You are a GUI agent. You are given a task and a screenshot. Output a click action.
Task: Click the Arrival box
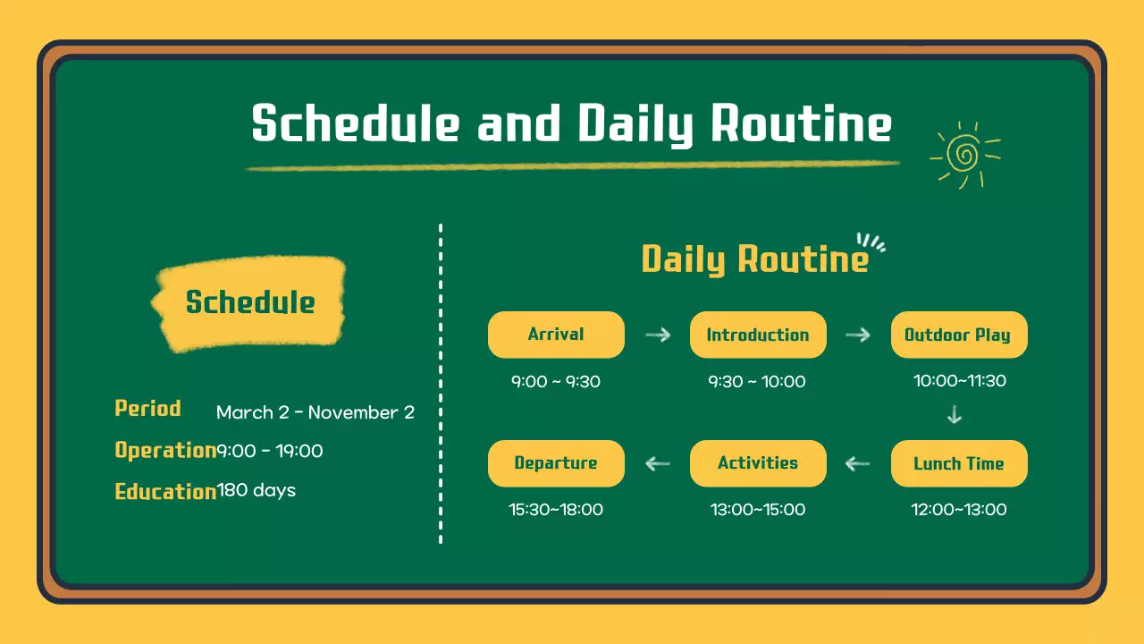556,335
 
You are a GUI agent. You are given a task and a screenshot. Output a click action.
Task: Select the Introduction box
758,335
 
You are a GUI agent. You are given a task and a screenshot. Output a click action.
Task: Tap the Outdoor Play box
959,335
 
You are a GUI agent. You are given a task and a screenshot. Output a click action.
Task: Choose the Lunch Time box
959,463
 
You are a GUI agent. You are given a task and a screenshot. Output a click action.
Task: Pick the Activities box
758,463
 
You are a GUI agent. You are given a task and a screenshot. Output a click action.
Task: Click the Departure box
556,463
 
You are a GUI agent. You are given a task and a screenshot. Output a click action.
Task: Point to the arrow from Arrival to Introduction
658,335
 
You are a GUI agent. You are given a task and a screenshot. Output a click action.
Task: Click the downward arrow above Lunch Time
955,414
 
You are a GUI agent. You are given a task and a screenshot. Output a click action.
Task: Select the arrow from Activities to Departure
657,463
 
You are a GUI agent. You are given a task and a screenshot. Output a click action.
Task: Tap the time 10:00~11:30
960,381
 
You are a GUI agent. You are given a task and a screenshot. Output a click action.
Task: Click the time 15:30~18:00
556,510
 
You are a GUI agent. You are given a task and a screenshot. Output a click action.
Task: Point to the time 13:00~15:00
758,510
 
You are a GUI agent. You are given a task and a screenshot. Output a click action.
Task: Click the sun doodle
964,155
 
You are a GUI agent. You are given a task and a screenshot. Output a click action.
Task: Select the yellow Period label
148,409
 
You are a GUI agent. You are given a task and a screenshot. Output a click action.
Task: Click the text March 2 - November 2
315,412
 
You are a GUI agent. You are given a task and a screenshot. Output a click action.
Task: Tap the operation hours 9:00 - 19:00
270,451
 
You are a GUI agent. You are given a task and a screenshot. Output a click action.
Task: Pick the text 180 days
257,490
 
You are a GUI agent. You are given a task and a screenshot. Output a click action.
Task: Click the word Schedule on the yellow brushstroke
250,302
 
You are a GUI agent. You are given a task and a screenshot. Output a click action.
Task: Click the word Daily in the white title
635,124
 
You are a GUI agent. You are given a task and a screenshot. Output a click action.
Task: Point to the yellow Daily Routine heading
755,259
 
